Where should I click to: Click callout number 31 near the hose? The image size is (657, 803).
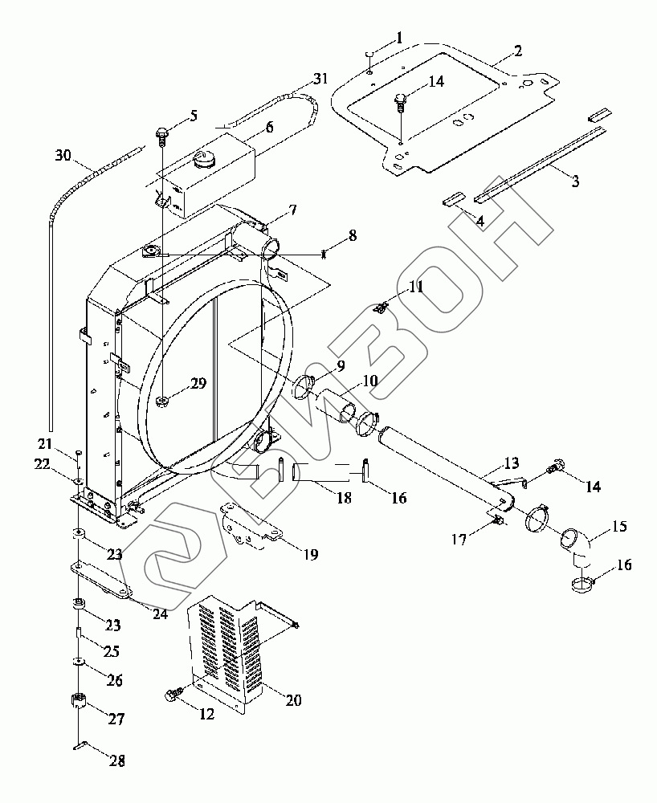coord(320,79)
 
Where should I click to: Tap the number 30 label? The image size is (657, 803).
coord(63,155)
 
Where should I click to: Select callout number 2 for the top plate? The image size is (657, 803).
coord(518,51)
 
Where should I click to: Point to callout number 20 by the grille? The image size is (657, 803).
coord(293,699)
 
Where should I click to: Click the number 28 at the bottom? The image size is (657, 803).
coord(117,761)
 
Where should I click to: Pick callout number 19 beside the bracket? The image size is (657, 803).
coord(311,554)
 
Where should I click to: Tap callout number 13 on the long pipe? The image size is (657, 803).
coord(511,463)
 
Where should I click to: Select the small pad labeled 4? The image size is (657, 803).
coord(453,199)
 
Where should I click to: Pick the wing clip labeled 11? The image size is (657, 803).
coord(382,308)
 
